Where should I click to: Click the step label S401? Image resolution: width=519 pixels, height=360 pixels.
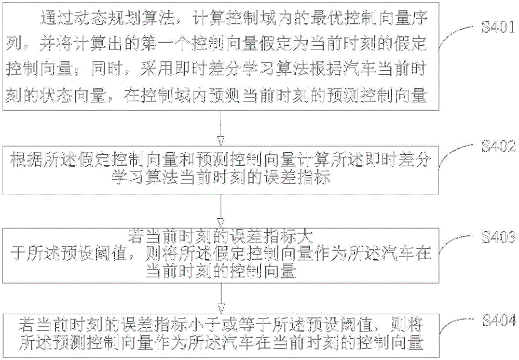point(498,26)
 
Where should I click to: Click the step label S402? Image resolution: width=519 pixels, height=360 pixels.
point(498,146)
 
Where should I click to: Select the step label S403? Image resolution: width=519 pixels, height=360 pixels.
point(498,237)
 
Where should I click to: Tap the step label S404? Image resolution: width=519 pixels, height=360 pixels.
point(499,321)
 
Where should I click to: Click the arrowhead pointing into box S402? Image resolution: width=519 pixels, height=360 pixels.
point(221,140)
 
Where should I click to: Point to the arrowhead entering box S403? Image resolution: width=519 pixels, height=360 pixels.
point(221,223)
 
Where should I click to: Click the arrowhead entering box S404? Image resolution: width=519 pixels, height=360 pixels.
point(221,308)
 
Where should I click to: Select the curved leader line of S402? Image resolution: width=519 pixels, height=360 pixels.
point(454,153)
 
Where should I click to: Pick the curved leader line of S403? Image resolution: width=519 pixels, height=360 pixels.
point(454,244)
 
